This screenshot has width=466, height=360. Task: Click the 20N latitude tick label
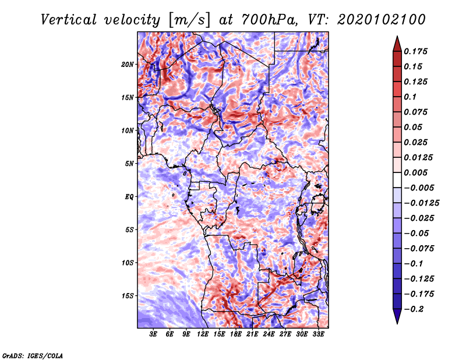click(x=127, y=65)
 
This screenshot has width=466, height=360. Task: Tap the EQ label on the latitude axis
click(x=129, y=197)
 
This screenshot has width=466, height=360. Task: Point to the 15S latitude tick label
click(x=128, y=296)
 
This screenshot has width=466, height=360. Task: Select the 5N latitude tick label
click(x=129, y=164)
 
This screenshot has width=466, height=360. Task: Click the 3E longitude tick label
click(x=153, y=334)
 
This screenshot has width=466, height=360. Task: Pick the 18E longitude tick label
click(x=235, y=334)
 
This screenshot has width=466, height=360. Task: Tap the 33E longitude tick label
click(x=318, y=334)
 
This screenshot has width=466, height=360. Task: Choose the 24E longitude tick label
click(x=269, y=334)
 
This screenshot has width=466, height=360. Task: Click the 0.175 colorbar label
click(x=415, y=51)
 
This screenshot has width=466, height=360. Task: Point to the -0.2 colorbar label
click(x=414, y=309)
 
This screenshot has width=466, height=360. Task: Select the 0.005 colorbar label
click(x=415, y=172)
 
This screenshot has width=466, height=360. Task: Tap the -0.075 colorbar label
click(x=419, y=249)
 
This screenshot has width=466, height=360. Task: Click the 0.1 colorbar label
click(x=410, y=97)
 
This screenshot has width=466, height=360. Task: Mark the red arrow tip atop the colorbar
click(x=397, y=36)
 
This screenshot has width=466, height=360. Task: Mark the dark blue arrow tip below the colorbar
click(x=397, y=323)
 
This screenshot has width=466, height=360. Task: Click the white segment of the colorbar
click(x=397, y=180)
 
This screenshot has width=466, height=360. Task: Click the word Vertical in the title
click(x=69, y=20)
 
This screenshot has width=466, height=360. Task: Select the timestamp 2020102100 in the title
click(x=382, y=20)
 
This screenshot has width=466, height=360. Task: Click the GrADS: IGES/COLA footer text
click(x=33, y=355)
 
